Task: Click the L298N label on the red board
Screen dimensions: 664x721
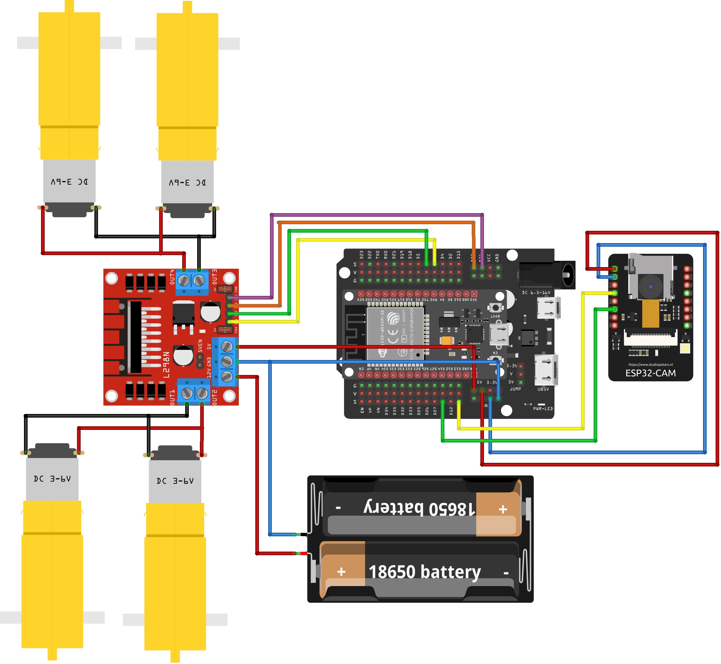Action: (166, 365)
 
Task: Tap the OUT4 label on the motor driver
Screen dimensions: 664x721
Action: (172, 277)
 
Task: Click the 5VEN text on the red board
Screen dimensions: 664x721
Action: (200, 346)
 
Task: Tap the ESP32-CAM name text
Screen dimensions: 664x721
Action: (650, 373)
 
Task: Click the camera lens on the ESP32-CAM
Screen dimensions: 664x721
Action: (650, 286)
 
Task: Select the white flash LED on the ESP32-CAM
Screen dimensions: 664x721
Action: (685, 348)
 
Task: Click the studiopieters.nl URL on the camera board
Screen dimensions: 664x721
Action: (650, 364)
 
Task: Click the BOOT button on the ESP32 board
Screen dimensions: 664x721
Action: (495, 308)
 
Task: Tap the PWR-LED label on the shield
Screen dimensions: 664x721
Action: (542, 409)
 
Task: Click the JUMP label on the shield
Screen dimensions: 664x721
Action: (515, 389)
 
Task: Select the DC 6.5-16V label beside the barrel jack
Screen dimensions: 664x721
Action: (536, 293)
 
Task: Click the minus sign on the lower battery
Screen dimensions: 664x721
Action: (506, 573)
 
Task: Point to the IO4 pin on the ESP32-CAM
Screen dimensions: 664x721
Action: (614, 326)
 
